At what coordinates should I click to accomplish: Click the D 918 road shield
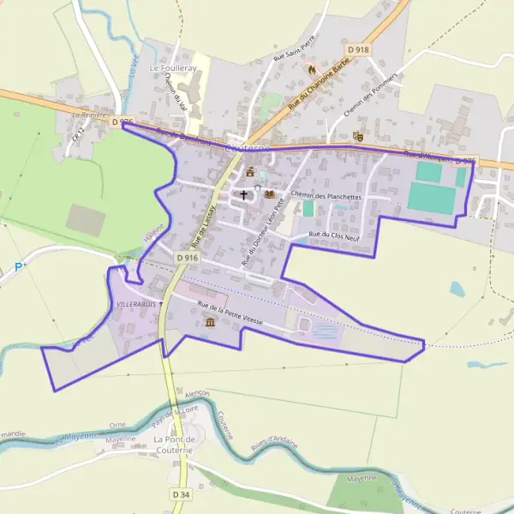click(358, 50)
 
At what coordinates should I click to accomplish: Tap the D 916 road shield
click(188, 256)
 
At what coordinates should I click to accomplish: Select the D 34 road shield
click(180, 494)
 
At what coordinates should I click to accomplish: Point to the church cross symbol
click(243, 195)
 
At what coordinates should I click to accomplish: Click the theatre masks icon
click(358, 135)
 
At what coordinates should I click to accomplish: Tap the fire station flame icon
click(312, 69)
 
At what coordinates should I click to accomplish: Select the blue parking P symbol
click(18, 266)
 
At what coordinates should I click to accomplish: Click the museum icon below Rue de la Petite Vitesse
click(211, 321)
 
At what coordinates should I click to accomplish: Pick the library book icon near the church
click(270, 194)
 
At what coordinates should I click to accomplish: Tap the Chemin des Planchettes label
click(326, 196)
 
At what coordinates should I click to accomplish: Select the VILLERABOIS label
click(135, 304)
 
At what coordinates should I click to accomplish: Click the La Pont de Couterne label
click(175, 445)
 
